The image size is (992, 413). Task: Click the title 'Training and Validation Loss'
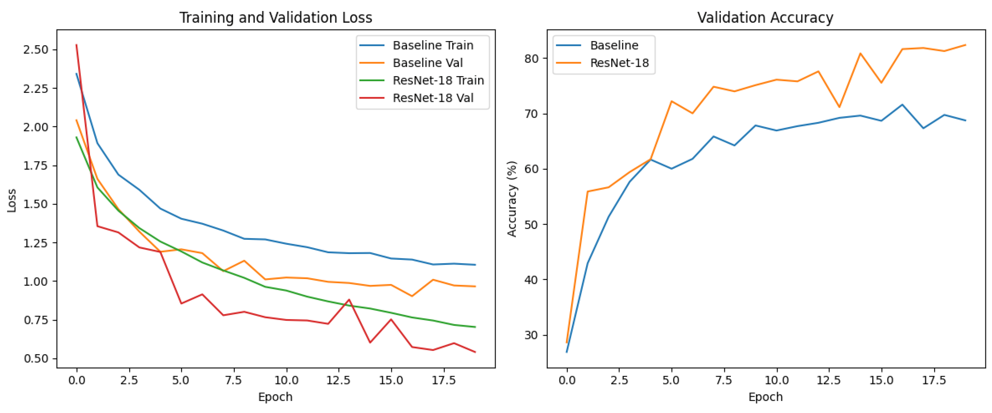pyautogui.click(x=276, y=18)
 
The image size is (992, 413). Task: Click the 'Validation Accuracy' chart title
pyautogui.click(x=765, y=18)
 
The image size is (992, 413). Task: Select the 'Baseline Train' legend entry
pyautogui.click(x=433, y=46)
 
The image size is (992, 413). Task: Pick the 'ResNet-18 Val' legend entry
pyautogui.click(x=433, y=98)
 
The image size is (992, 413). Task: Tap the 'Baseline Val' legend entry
pyautogui.click(x=427, y=63)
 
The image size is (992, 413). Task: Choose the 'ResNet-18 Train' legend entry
pyautogui.click(x=438, y=80)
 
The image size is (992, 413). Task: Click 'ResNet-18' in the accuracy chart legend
pyautogui.click(x=619, y=63)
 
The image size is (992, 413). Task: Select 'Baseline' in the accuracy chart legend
pyautogui.click(x=614, y=46)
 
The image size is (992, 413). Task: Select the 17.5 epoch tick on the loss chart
pyautogui.click(x=443, y=381)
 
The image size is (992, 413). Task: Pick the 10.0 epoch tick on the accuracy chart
pyautogui.click(x=776, y=381)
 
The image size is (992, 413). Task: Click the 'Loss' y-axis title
pyautogui.click(x=12, y=200)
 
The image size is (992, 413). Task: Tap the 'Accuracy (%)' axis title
pyautogui.click(x=511, y=199)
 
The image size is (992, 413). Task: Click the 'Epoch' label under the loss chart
pyautogui.click(x=275, y=397)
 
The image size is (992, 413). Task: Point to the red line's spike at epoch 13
pyautogui.click(x=349, y=299)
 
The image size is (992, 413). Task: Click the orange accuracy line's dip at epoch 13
pyautogui.click(x=839, y=107)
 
